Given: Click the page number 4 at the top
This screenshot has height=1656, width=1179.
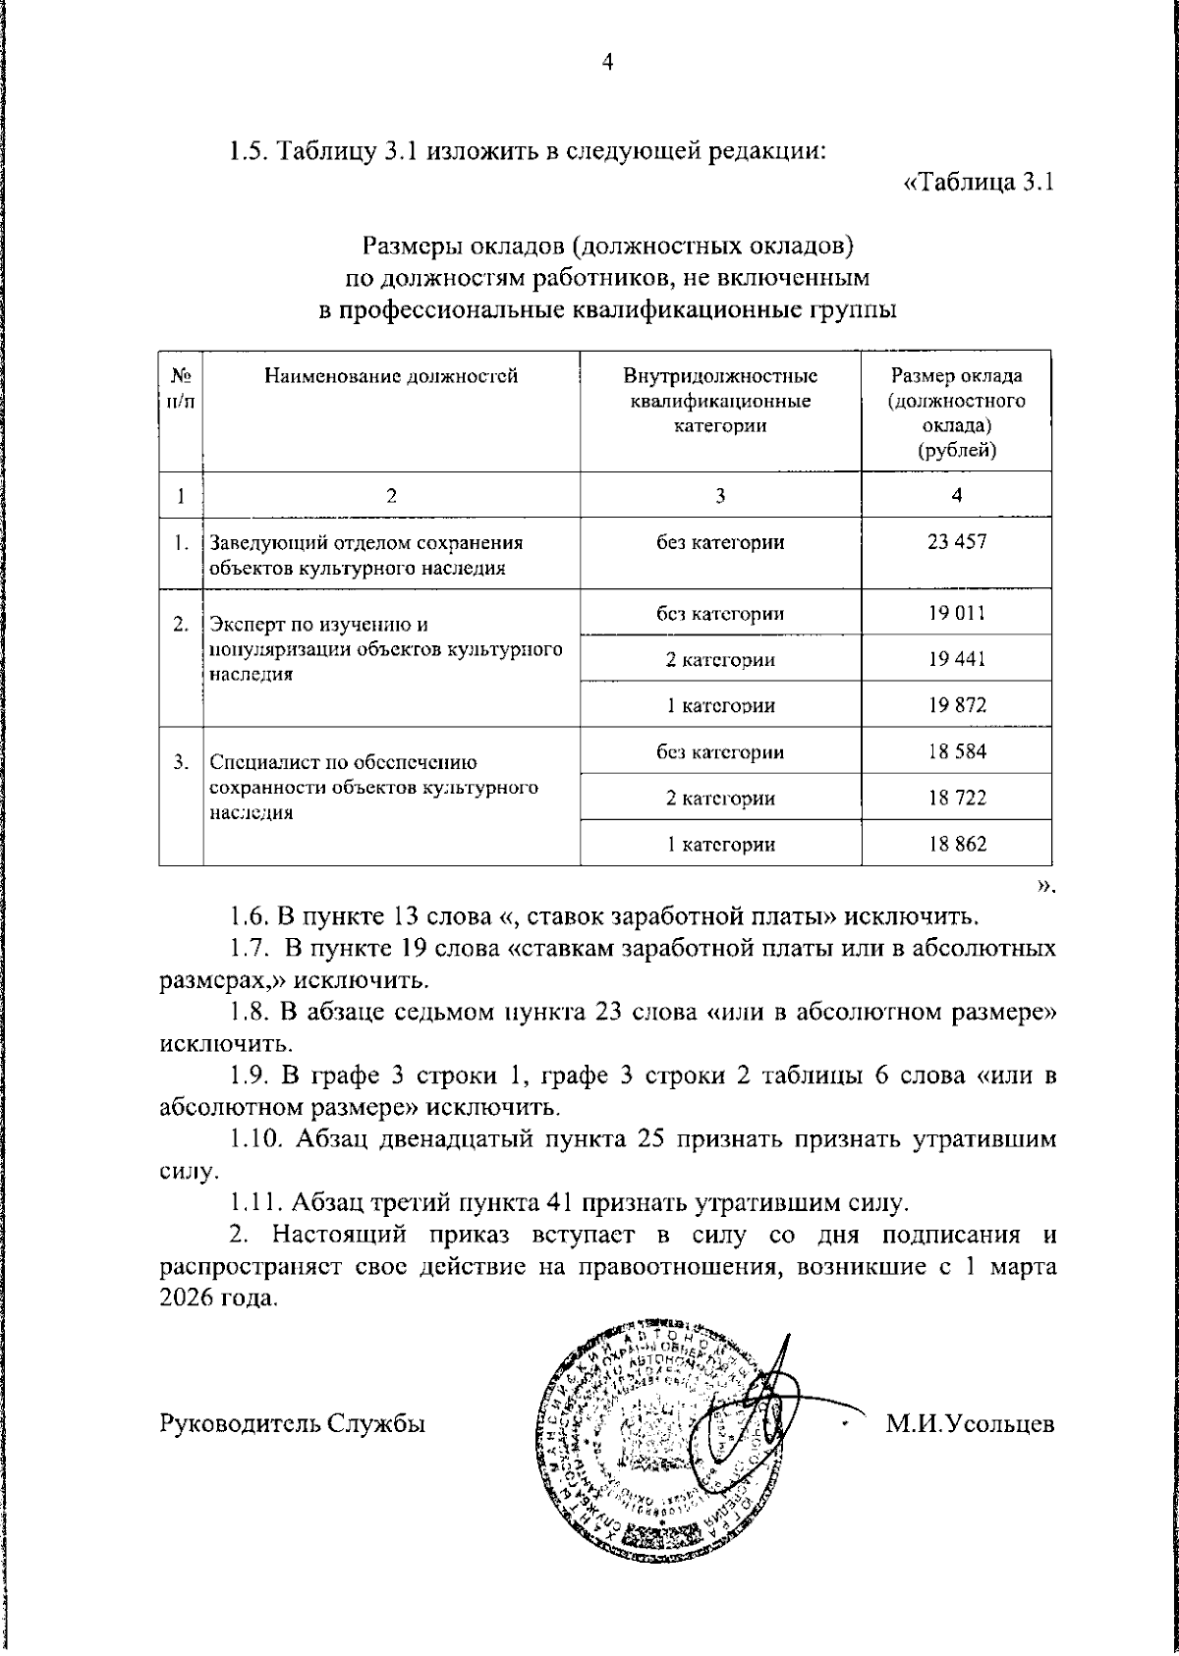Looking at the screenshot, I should click(606, 63).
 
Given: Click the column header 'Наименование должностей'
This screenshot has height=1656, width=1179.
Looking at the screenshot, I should click(391, 376).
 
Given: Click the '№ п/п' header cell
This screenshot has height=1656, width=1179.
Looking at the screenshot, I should click(180, 388).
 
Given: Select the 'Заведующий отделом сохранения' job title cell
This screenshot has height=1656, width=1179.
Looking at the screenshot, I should click(365, 554).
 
